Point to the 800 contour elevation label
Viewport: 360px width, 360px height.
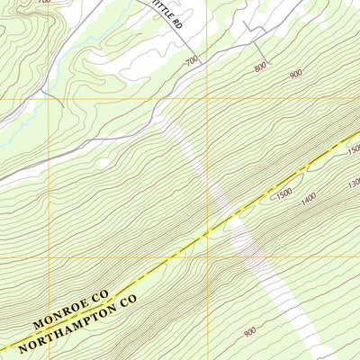(260, 67)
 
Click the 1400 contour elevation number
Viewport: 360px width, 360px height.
(309, 196)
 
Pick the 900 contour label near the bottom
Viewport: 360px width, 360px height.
(249, 332)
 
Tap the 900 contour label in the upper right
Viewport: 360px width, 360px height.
(295, 75)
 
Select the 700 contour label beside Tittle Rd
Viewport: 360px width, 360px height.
(191, 61)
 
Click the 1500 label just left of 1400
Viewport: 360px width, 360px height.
(283, 193)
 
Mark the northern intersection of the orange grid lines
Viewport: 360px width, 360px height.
(207, 97)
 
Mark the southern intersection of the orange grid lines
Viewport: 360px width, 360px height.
(207, 257)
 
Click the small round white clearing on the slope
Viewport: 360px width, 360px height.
(104, 163)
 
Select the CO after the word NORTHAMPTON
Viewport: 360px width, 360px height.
(127, 298)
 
